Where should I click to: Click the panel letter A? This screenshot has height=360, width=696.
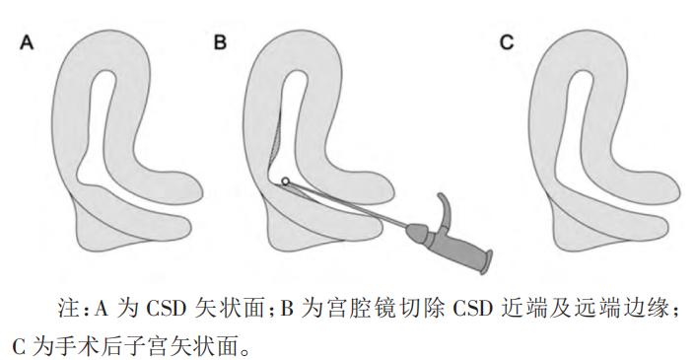(29, 44)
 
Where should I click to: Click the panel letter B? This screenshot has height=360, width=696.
(220, 44)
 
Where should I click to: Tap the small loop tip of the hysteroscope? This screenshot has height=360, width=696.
(286, 180)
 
